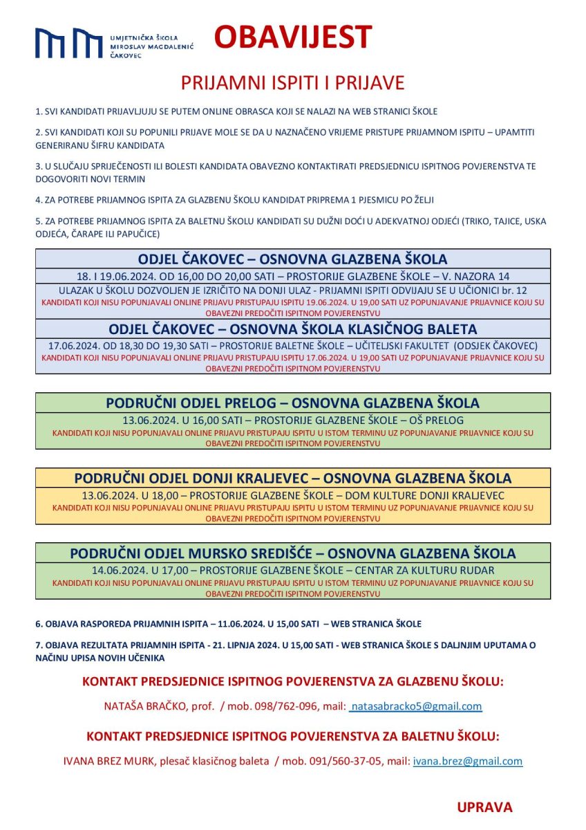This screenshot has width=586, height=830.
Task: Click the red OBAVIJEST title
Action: (x=292, y=37)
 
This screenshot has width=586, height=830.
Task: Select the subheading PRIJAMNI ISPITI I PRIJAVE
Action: (x=292, y=83)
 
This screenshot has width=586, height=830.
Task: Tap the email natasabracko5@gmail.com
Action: (x=416, y=707)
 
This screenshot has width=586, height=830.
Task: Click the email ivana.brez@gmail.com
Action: (x=467, y=762)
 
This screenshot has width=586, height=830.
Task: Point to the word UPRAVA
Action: (x=484, y=807)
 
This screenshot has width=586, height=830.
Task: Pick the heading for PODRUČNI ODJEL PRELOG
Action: (x=292, y=403)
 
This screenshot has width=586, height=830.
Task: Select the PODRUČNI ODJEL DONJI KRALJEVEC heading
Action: (x=292, y=478)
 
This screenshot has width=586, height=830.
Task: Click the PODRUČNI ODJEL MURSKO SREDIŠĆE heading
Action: (x=292, y=553)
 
